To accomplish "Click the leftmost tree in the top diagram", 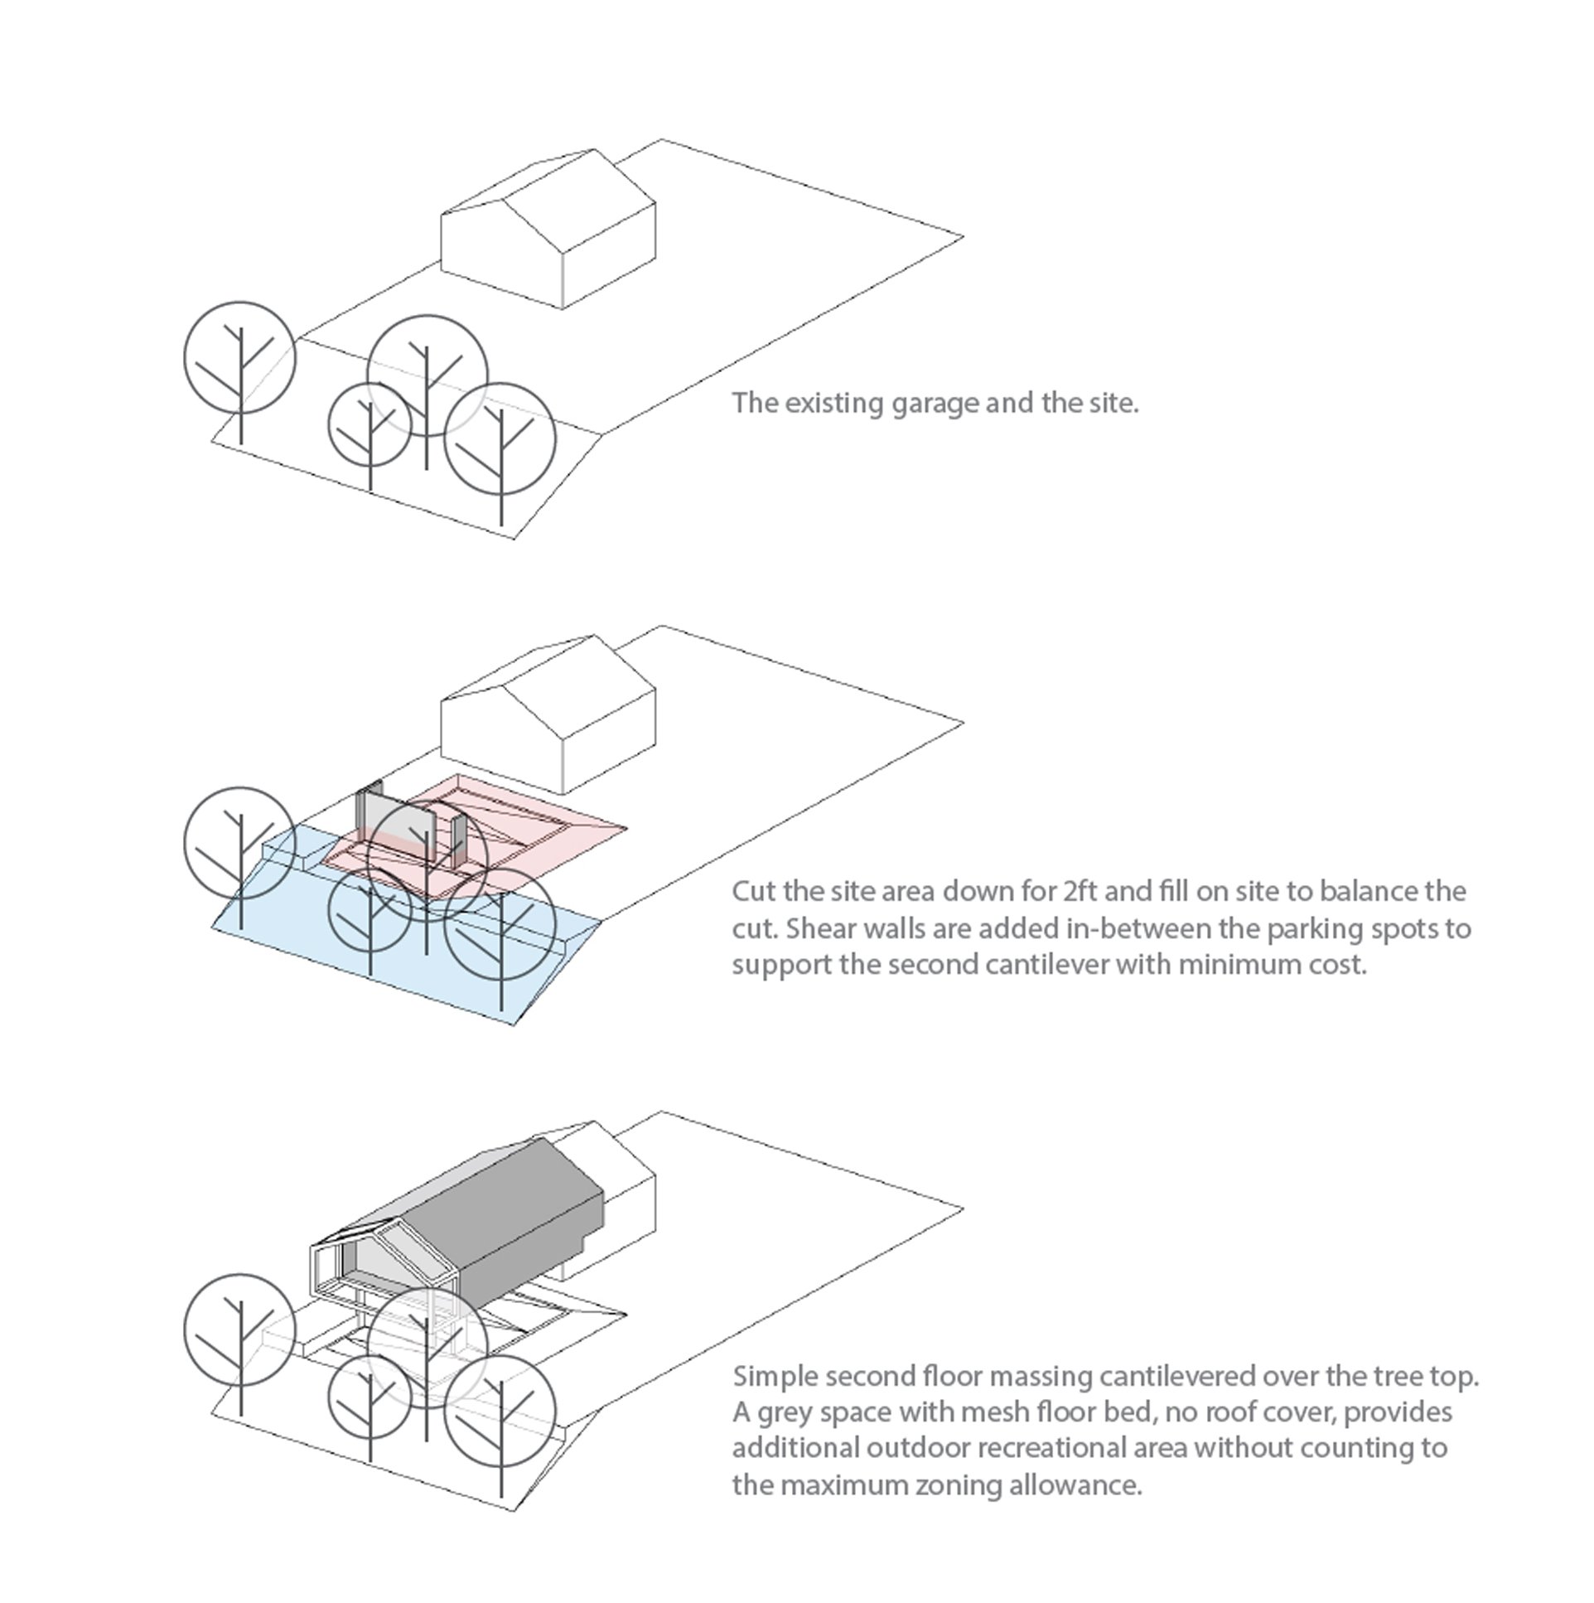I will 239,358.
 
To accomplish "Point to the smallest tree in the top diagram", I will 370,425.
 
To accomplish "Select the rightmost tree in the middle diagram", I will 500,924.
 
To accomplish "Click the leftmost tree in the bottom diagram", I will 239,1329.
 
